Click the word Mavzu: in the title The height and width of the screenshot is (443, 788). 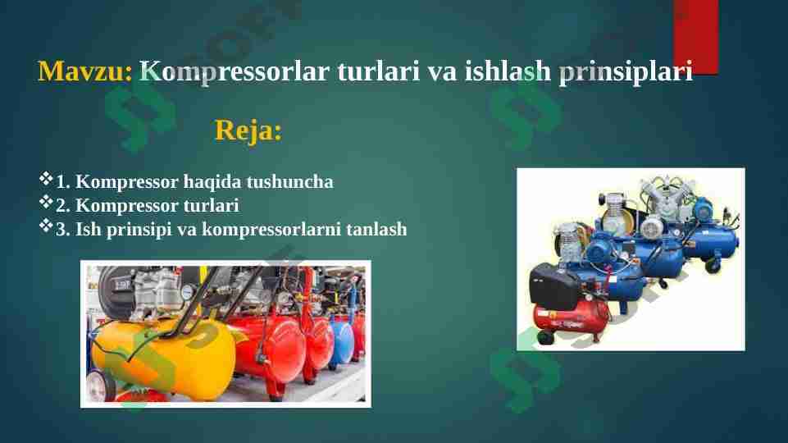pyautogui.click(x=84, y=72)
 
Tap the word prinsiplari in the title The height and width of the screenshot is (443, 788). pyautogui.click(x=625, y=72)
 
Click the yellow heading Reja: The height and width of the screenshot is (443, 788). pyautogui.click(x=248, y=130)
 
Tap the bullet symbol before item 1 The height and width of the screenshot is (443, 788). pyautogui.click(x=46, y=179)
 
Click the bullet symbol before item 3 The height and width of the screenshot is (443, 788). pyautogui.click(x=46, y=226)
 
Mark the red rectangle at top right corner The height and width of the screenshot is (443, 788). pyautogui.click(x=695, y=37)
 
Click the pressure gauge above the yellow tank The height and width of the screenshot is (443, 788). pyautogui.click(x=188, y=292)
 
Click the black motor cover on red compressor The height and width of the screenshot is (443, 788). pyautogui.click(x=555, y=282)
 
